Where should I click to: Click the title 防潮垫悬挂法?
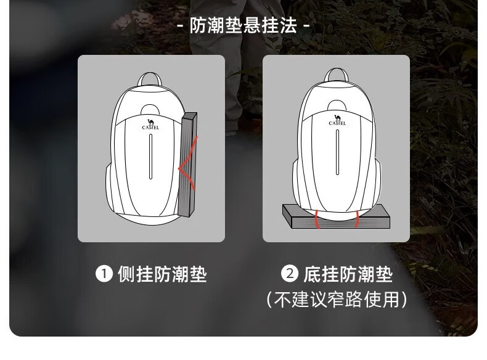click(243, 25)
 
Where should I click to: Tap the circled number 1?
click(104, 274)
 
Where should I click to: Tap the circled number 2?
click(290, 274)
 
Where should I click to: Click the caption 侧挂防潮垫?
click(162, 274)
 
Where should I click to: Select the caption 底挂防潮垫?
click(348, 274)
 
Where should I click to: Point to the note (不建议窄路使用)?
click(337, 300)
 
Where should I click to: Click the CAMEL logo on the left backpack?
click(150, 125)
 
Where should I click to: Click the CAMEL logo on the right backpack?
click(337, 120)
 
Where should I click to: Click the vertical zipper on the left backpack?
click(151, 157)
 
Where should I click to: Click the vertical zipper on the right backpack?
click(338, 152)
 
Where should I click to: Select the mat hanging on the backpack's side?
click(188, 165)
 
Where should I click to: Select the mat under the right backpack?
click(337, 216)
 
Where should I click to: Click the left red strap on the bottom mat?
click(317, 219)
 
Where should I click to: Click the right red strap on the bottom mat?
click(357, 219)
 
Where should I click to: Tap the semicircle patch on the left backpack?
click(150, 110)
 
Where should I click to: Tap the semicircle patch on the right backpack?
click(337, 105)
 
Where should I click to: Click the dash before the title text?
click(180, 26)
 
